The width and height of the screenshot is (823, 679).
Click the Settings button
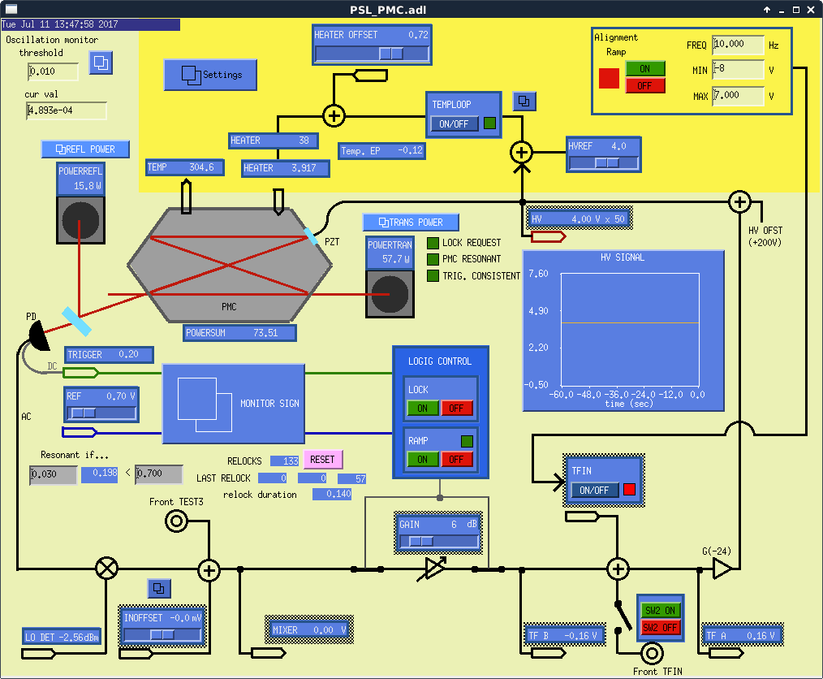(210, 75)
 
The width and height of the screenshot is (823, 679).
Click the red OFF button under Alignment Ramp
(644, 85)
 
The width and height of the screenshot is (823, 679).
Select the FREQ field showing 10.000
(738, 45)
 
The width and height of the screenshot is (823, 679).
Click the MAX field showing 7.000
(738, 96)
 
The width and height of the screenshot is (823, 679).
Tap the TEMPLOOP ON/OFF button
(454, 124)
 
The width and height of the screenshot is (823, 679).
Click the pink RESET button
(322, 460)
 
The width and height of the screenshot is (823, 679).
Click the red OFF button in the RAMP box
(456, 460)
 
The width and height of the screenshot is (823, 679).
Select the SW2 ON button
(660, 611)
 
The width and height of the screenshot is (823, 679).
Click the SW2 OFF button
(660, 628)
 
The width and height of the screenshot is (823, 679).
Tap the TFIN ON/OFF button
(595, 491)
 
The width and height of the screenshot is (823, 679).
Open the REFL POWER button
(85, 149)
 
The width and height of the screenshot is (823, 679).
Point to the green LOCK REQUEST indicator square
(433, 243)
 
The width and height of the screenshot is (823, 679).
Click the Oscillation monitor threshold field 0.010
(54, 71)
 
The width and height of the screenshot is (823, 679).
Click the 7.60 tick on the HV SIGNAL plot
(538, 274)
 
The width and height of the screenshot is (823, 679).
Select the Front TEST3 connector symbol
(176, 522)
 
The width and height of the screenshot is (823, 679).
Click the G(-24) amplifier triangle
(721, 570)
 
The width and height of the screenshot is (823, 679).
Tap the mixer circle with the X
(106, 569)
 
